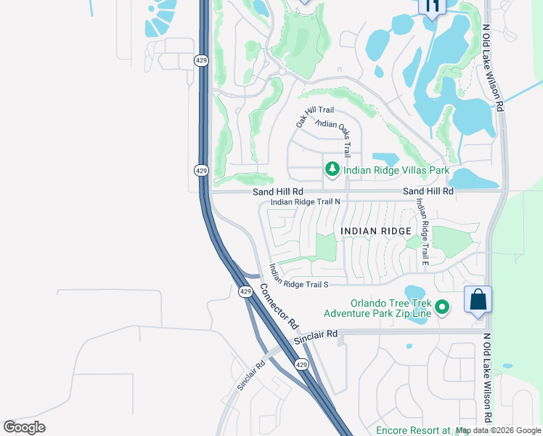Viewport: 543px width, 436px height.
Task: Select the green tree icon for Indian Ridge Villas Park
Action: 332,169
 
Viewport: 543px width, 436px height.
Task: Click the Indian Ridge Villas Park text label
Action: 396,171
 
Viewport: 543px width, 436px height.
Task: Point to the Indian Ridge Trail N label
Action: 305,202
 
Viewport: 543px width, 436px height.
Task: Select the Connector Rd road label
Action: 279,303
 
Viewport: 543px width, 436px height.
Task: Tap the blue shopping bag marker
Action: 478,299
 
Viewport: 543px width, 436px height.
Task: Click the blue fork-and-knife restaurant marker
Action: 432,7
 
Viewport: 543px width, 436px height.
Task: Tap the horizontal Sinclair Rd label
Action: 317,336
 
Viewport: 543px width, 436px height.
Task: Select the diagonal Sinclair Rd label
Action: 251,374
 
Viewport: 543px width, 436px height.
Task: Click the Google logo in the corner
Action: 25,427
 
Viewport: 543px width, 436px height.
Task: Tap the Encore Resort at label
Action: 412,430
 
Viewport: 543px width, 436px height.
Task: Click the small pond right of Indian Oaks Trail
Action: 385,159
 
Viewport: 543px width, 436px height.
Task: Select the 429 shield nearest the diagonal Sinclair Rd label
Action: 302,364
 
